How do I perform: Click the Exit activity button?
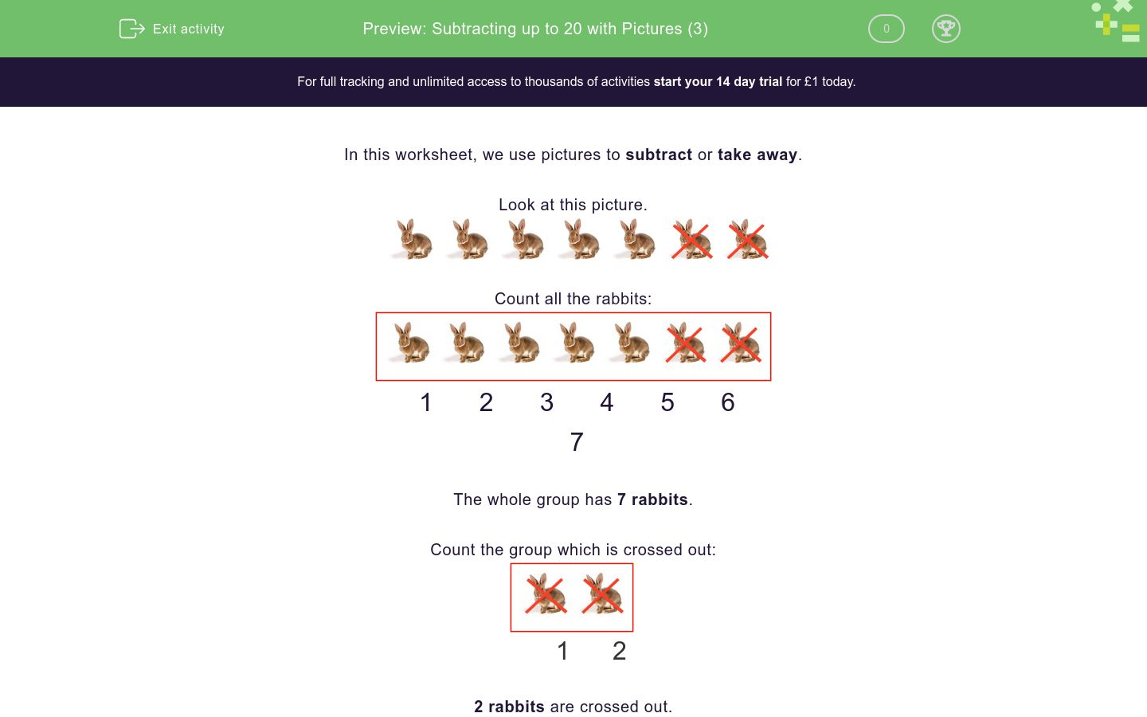[x=172, y=29]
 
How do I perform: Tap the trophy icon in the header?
[x=945, y=29]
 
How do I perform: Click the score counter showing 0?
[x=886, y=29]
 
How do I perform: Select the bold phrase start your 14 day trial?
[x=717, y=81]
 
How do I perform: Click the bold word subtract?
[x=658, y=155]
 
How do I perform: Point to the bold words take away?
[x=757, y=155]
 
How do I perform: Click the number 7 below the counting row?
[x=577, y=442]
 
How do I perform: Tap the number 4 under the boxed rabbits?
[x=606, y=402]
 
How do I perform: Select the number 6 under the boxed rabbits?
[x=727, y=402]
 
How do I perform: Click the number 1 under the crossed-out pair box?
[x=562, y=651]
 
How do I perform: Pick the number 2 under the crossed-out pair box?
[x=619, y=651]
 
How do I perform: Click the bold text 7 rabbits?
[x=652, y=500]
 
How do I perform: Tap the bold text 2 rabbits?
[x=509, y=707]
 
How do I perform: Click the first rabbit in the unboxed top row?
[x=413, y=239]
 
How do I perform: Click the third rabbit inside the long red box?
[x=519, y=343]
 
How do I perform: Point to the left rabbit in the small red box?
[x=546, y=594]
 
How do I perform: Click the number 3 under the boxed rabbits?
[x=546, y=402]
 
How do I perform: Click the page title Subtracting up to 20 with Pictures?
[x=534, y=29]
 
